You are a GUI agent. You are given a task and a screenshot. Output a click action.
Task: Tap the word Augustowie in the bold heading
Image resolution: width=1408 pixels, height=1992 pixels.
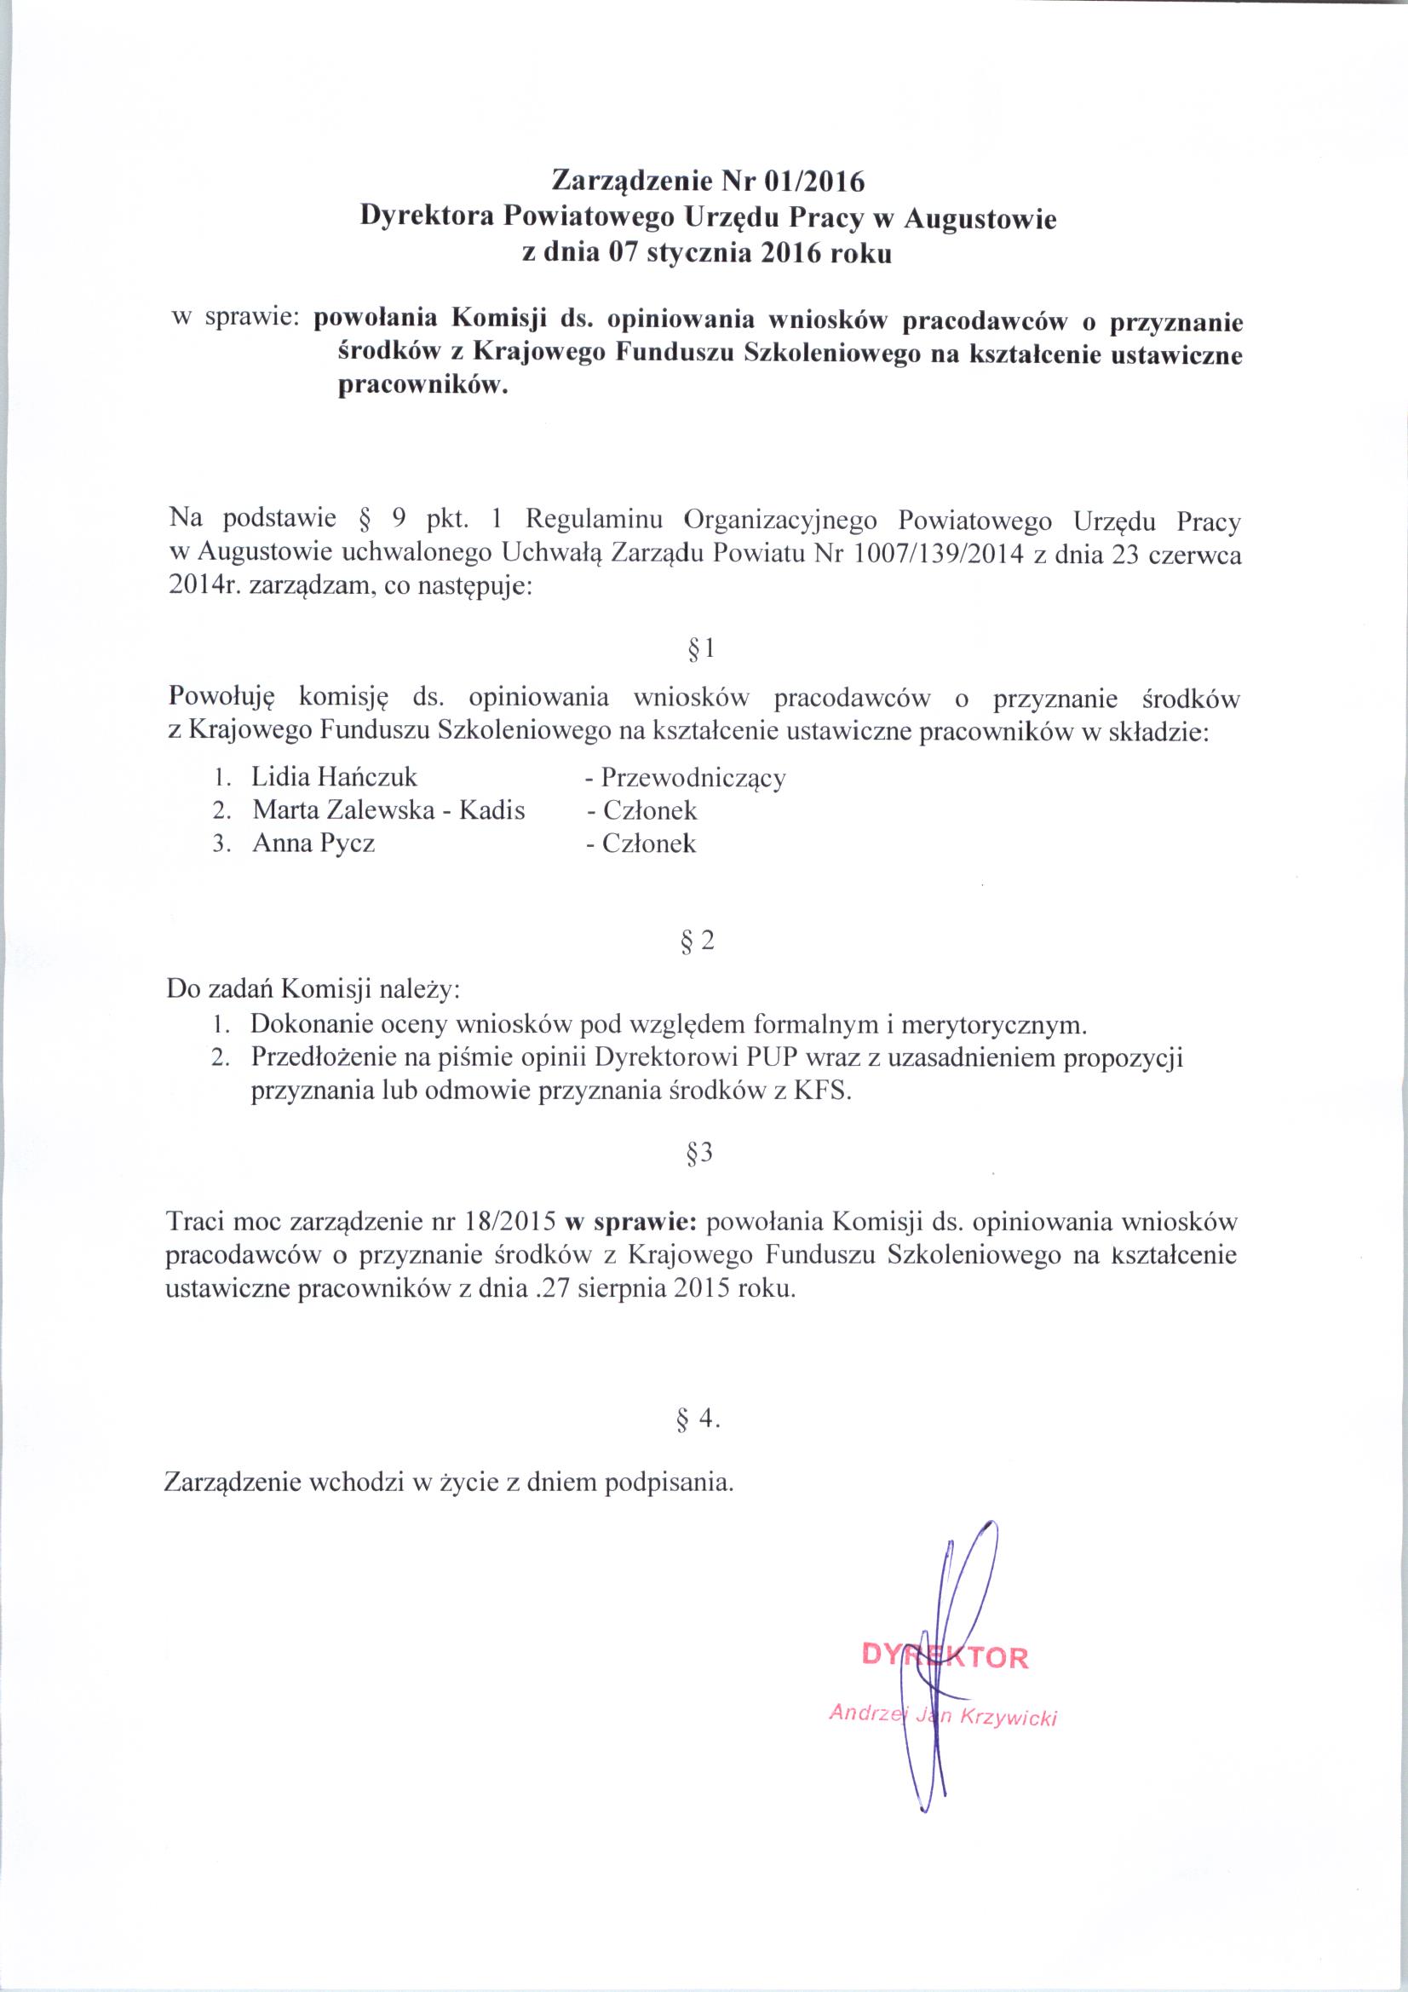pyautogui.click(x=980, y=219)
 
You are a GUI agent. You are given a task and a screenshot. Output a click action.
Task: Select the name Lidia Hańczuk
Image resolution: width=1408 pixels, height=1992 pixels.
pyautogui.click(x=335, y=775)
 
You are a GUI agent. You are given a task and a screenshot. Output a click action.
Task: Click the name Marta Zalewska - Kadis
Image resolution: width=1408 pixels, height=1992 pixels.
pyautogui.click(x=388, y=810)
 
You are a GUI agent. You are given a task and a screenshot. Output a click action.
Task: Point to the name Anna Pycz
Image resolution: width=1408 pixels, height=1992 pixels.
pyautogui.click(x=313, y=843)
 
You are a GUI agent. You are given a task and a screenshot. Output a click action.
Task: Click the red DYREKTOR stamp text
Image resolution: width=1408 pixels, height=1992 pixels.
pyautogui.click(x=945, y=1657)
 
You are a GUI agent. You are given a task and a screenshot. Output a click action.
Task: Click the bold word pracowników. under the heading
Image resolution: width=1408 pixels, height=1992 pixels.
pyautogui.click(x=420, y=386)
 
